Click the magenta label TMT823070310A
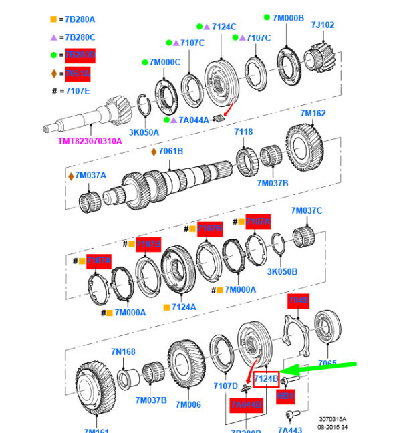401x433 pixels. click(90, 141)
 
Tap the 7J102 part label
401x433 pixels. click(322, 25)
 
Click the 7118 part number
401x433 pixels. click(243, 132)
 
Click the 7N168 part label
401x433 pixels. click(123, 351)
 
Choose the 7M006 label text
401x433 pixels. click(188, 404)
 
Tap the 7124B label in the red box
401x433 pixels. click(266, 378)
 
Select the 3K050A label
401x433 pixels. click(144, 132)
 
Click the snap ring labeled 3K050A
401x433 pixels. click(144, 107)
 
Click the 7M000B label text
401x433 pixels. click(289, 17)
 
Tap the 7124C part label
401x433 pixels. click(224, 27)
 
